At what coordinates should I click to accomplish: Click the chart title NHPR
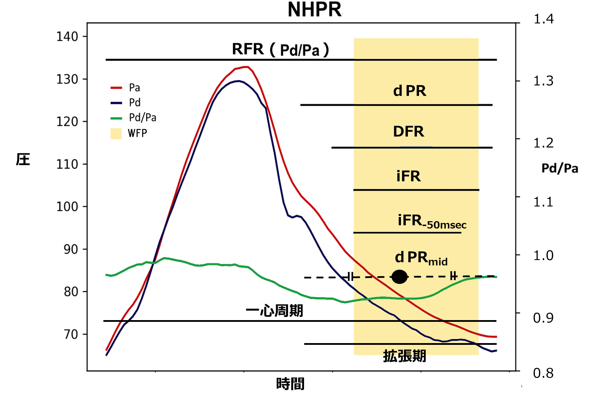(314, 9)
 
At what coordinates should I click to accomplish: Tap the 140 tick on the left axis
(67, 36)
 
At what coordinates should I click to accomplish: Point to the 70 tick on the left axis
(71, 334)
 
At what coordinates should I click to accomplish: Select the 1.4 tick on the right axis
(543, 19)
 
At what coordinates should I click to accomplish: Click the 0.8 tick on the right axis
(543, 373)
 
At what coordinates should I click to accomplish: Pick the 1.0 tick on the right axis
(543, 256)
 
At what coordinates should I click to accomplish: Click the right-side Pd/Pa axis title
(560, 169)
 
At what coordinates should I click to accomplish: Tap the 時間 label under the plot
(290, 384)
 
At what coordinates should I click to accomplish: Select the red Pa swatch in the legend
(116, 88)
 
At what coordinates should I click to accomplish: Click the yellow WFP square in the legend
(116, 133)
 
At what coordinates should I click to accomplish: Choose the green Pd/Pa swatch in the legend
(116, 118)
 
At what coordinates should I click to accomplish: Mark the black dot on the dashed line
(400, 277)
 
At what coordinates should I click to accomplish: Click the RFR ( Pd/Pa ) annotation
(280, 49)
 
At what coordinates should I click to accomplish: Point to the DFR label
(409, 132)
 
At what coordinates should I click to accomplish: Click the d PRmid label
(421, 258)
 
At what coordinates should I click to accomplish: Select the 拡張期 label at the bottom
(404, 356)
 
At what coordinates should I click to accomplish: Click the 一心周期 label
(274, 310)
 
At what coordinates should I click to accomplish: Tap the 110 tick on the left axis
(67, 164)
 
